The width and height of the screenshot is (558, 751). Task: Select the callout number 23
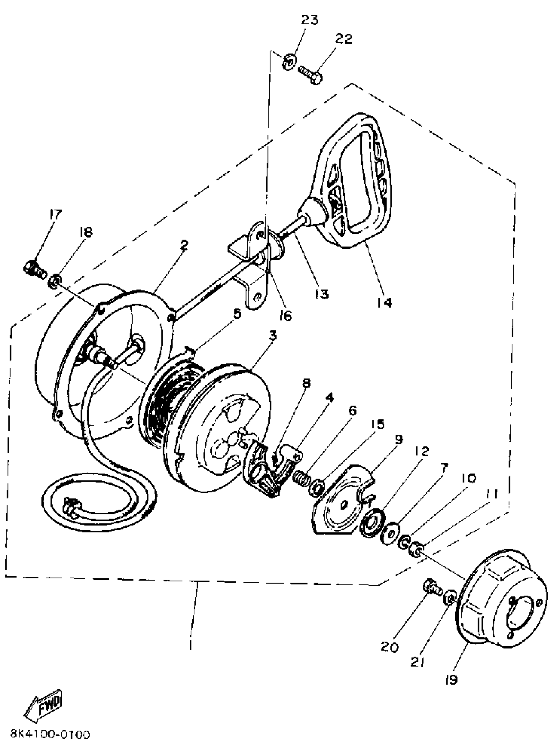pyautogui.click(x=310, y=20)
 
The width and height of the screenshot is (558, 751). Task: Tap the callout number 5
pyautogui.click(x=237, y=314)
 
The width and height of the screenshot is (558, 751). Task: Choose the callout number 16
pyautogui.click(x=286, y=315)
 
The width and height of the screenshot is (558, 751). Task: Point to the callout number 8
pyautogui.click(x=306, y=383)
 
